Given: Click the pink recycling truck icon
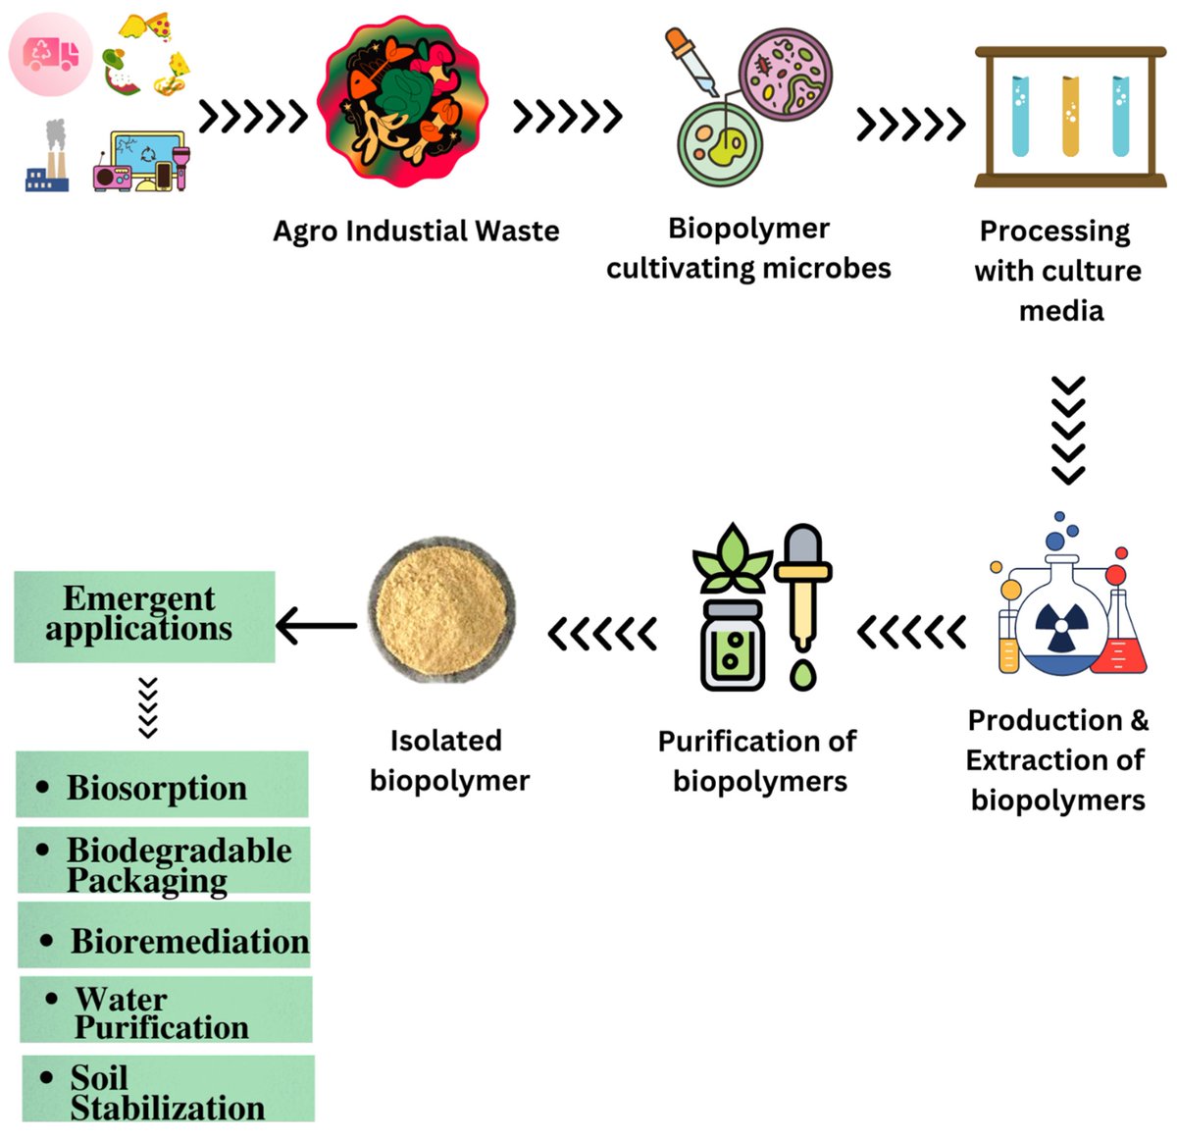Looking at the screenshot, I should point(51,54).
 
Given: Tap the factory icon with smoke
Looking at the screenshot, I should point(48,157).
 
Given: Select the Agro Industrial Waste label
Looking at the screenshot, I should point(416,232).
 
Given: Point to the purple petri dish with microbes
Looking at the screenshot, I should point(786,73).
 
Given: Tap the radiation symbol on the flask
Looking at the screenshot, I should point(1058,627).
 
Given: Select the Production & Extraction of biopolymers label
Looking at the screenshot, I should point(1056,760).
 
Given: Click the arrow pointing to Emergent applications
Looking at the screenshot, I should point(317,625).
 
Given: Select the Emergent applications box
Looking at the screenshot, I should point(144,615).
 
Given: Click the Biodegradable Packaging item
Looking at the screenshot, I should point(165,861).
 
